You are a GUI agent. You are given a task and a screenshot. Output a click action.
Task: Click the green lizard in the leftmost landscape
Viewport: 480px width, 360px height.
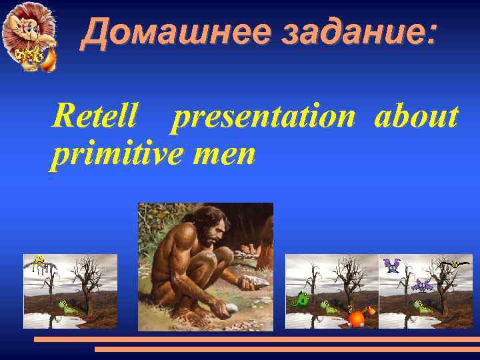pos(67,307)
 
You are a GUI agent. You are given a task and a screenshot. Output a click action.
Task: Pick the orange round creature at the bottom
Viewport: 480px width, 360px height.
pos(357,317)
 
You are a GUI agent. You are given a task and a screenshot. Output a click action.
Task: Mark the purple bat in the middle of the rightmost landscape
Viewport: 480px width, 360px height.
pos(422,285)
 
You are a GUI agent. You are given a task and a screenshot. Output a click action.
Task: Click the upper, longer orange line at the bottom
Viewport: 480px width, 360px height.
pos(257,339)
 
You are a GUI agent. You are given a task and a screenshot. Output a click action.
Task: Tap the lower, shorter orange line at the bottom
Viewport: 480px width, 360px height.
pos(287,349)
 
